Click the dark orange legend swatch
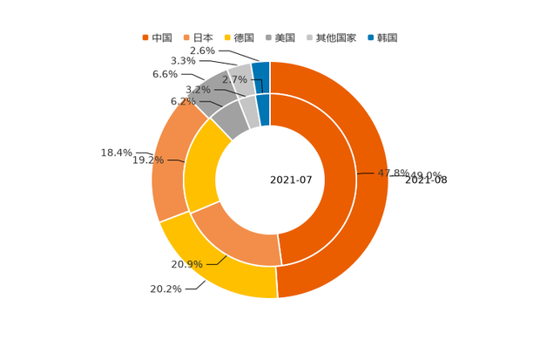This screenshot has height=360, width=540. coord(145,37)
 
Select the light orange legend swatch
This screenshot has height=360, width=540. coord(186,37)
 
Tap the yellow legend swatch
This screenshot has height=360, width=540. coord(227,37)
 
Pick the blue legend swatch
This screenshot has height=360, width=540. coord(370,37)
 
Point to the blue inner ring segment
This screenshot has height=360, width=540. coord(265,109)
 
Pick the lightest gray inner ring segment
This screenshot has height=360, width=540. coord(250,112)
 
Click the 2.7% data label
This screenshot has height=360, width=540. coord(233,79)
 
